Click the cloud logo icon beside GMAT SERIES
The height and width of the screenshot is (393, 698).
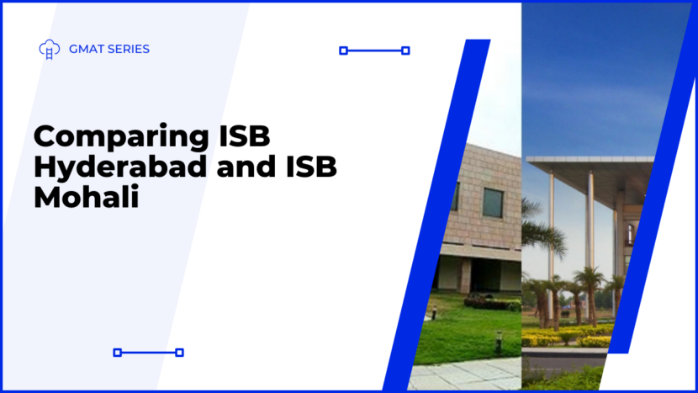pyautogui.click(x=50, y=49)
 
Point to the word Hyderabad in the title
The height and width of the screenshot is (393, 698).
pyautogui.click(x=120, y=167)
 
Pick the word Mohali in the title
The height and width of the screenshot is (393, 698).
pyautogui.click(x=87, y=197)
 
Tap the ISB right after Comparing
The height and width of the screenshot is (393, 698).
pyautogui.click(x=245, y=135)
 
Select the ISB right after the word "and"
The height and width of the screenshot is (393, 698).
pyautogui.click(x=311, y=167)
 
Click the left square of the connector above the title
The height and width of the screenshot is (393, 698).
pyautogui.click(x=343, y=50)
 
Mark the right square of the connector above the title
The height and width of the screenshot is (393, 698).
pyautogui.click(x=405, y=50)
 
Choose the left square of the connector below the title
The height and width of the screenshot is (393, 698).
pyautogui.click(x=117, y=353)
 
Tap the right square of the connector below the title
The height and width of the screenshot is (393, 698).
pyautogui.click(x=179, y=353)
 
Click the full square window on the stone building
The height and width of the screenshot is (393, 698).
pyautogui.click(x=493, y=203)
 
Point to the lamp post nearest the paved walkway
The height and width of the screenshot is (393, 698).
pyautogui.click(x=499, y=342)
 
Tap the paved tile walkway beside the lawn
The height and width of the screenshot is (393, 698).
pyautogui.click(x=465, y=374)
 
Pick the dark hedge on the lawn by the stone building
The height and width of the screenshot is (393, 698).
pyautogui.click(x=491, y=303)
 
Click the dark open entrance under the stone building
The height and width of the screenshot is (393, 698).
pyautogui.click(x=484, y=275)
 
